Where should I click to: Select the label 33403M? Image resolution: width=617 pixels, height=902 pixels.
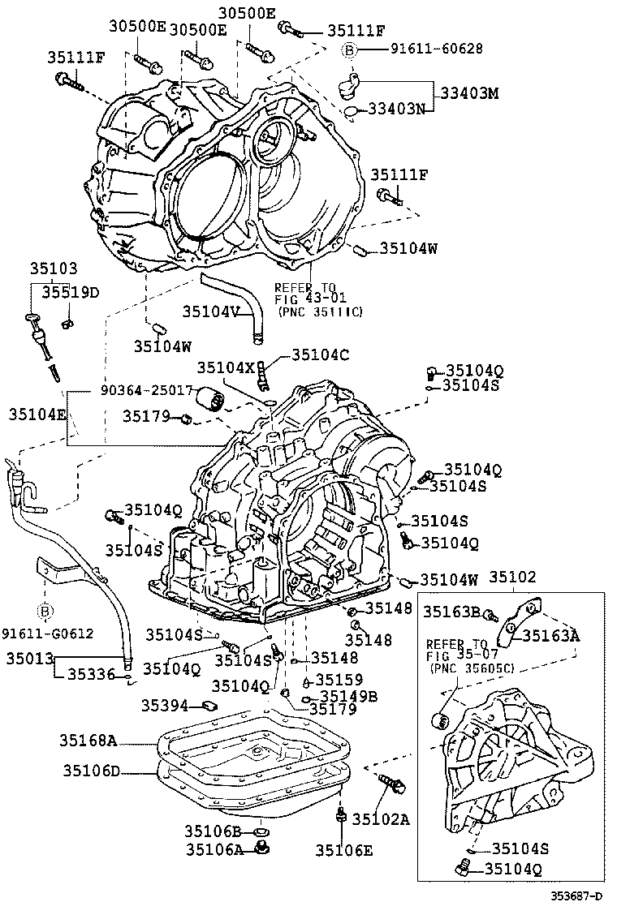[x=469, y=92]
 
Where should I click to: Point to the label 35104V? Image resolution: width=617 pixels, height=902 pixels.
[x=210, y=310]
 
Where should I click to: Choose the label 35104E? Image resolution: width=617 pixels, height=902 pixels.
[x=37, y=414]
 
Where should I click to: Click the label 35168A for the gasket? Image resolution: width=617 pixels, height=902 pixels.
[x=88, y=740]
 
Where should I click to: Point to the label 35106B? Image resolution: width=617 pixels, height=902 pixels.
[x=214, y=831]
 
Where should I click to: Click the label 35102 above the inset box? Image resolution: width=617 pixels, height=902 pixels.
[x=512, y=578]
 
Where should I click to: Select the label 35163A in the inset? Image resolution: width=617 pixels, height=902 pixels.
[x=550, y=635]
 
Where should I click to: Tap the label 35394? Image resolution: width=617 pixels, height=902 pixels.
[x=165, y=705]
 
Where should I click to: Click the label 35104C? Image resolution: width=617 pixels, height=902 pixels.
[x=320, y=354]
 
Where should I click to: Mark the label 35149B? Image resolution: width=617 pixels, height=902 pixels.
[x=349, y=695]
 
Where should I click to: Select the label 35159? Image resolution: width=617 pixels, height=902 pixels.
[x=339, y=680]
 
